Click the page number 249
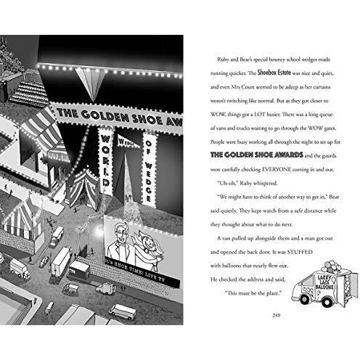(x=277, y=315)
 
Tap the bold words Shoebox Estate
(x=274, y=73)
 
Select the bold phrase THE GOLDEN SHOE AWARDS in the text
(x=257, y=155)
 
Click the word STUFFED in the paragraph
(x=300, y=252)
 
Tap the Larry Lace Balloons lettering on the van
(x=324, y=282)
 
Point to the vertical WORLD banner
(x=105, y=161)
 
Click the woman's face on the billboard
(x=147, y=241)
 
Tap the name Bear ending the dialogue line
(x=334, y=197)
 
